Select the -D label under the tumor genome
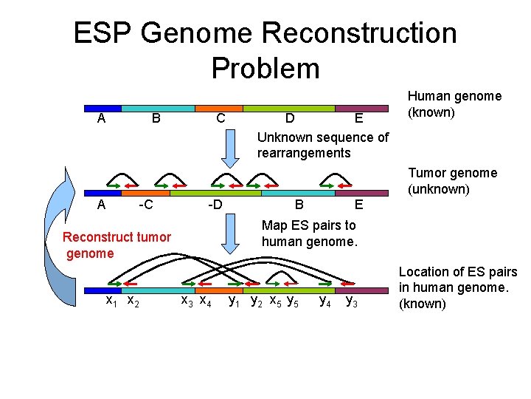pos(215,204)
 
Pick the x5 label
pos(274,301)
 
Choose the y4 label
pos(324,301)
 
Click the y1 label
pos(235,301)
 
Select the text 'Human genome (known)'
pos(454,104)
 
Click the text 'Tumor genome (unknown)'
pos(453,181)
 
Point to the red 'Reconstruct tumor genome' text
pos(117,245)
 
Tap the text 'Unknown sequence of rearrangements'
pos(322,145)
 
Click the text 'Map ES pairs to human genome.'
pos(309,233)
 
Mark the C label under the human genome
pos(221,118)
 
